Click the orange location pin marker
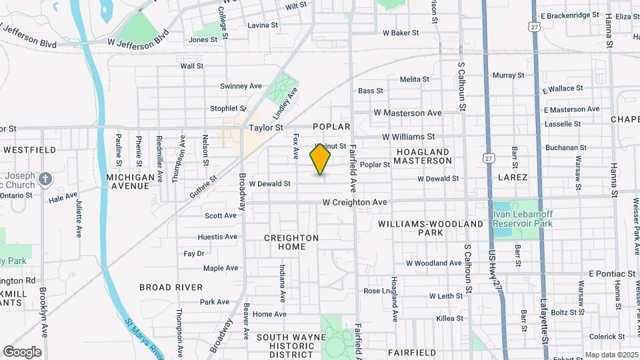tap(321, 159)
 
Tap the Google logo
tap(22, 352)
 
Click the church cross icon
tap(45, 179)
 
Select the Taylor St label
tap(266, 127)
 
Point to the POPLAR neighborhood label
tap(331, 127)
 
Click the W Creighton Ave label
tap(355, 202)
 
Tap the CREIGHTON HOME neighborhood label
tap(291, 242)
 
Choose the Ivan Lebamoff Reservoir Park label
tap(523, 219)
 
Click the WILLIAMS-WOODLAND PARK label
tap(430, 229)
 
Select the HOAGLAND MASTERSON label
tap(424, 157)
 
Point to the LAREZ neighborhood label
tap(513, 177)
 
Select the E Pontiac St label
tap(612, 274)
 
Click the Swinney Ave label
tap(241, 86)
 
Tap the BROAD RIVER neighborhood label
tap(171, 287)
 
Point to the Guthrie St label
tap(204, 183)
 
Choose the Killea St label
tap(449, 319)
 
